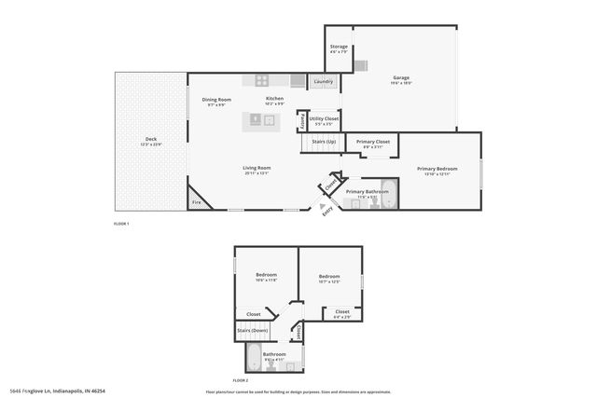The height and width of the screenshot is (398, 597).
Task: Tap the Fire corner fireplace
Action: tap(197, 202)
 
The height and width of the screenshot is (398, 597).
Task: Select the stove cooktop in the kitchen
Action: tap(263, 81)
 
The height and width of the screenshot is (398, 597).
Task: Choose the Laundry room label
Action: tap(324, 82)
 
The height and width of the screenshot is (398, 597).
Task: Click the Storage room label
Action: tap(338, 47)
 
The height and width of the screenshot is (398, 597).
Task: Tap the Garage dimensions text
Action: tap(401, 83)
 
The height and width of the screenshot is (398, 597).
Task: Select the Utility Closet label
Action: tap(325, 118)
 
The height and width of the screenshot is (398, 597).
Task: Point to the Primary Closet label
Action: tap(372, 141)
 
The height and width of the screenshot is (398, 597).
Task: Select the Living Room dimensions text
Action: tap(257, 173)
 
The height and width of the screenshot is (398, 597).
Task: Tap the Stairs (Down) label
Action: tap(253, 330)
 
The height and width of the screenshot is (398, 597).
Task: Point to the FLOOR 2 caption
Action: tap(241, 380)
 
